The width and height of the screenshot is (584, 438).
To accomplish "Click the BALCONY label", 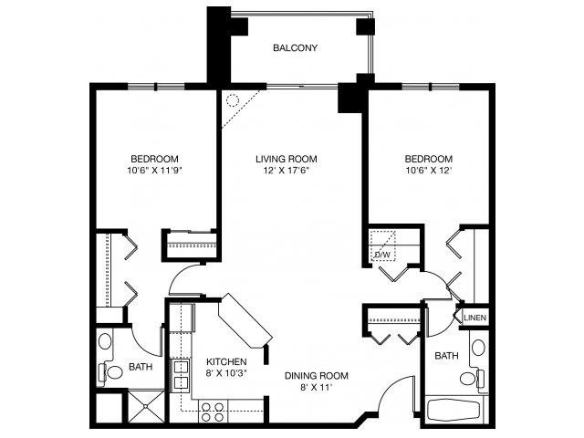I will [295, 48].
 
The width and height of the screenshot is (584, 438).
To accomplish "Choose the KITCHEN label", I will [225, 361].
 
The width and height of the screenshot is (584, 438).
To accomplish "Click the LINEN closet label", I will [474, 318].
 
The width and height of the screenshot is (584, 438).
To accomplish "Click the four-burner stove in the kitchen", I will [214, 412].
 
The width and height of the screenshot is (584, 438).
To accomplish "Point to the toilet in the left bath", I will [111, 372].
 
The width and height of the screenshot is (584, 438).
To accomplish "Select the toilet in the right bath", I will [469, 378].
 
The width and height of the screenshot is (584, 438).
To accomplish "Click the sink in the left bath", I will [105, 343].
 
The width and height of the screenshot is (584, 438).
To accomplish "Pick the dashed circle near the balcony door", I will [232, 100].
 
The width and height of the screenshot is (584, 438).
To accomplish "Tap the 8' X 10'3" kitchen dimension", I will [225, 373].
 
